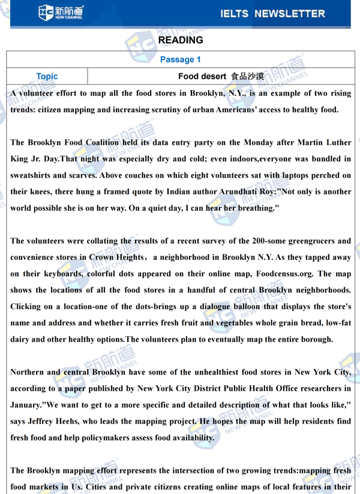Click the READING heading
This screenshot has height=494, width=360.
180,40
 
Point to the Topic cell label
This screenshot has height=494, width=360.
47,76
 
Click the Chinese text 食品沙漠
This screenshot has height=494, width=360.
247,76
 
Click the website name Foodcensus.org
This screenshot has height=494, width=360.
280,274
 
